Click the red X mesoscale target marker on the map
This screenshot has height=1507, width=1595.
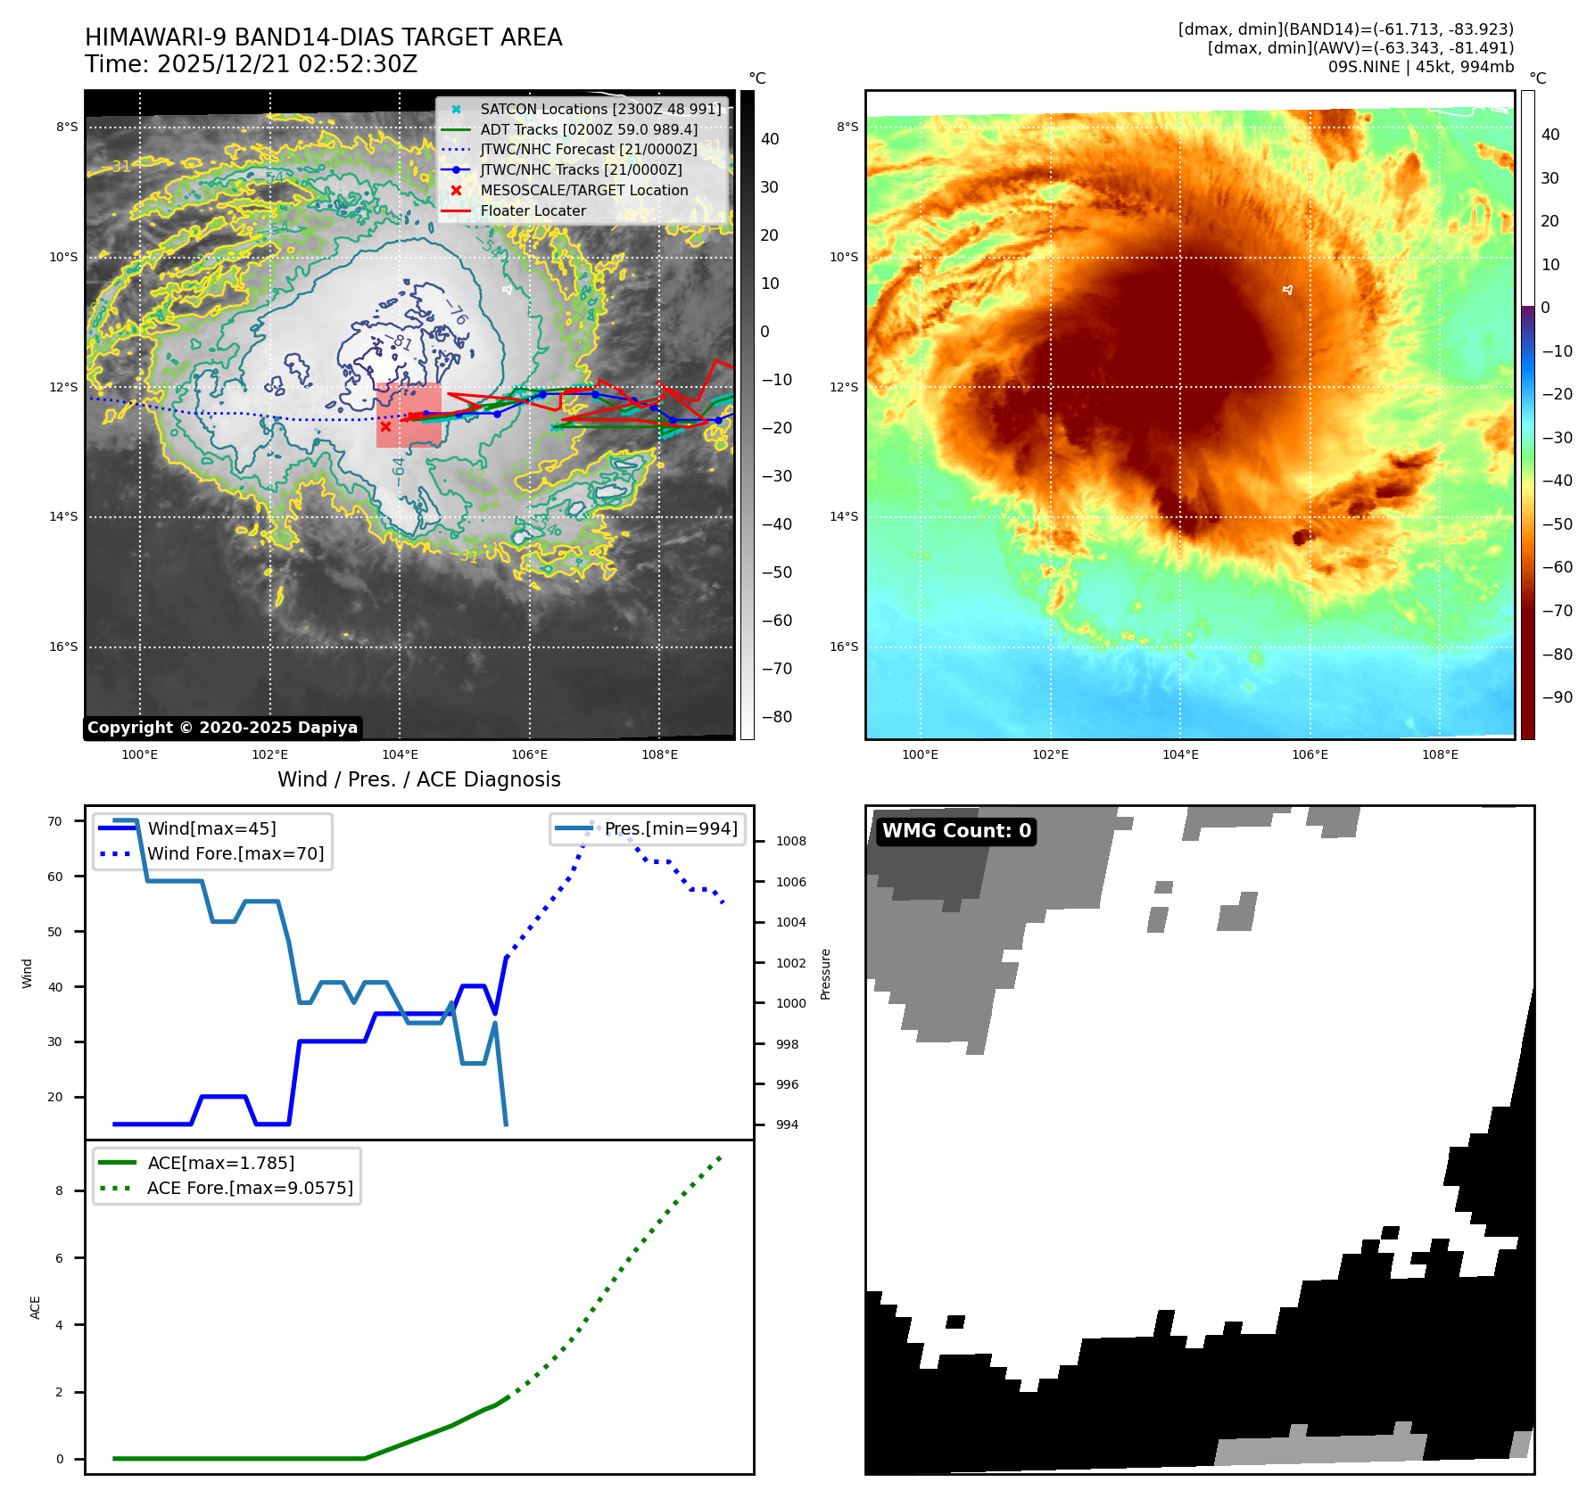[x=385, y=426]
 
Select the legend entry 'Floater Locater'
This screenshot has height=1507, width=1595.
[x=533, y=211]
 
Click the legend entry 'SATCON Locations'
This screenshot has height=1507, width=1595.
[x=600, y=109]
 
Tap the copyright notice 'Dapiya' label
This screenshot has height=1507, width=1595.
[x=222, y=728]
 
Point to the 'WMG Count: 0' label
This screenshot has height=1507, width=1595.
[x=956, y=831]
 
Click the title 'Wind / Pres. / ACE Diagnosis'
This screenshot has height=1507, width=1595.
[x=418, y=779]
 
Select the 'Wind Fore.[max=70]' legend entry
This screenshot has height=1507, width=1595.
[x=236, y=853]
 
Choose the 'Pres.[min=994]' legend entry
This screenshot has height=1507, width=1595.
[x=671, y=828]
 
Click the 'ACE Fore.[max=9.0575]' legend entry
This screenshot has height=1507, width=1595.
[x=250, y=1188]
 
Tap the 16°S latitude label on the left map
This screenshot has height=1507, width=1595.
[x=63, y=646]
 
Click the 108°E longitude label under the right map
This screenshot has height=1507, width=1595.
[x=1440, y=754]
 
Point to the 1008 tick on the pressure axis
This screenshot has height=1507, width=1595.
[x=790, y=841]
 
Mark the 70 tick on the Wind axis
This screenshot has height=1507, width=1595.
[x=55, y=821]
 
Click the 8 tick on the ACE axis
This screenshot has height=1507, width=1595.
[x=60, y=1190]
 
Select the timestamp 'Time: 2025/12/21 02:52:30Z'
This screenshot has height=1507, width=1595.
[x=251, y=64]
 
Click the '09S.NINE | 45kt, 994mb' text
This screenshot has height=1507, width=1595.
[x=1420, y=67]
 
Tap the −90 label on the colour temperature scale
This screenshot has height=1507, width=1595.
[x=1558, y=697]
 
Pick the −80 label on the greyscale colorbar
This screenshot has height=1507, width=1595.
[x=776, y=717]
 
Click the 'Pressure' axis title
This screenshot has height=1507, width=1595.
[x=826, y=974]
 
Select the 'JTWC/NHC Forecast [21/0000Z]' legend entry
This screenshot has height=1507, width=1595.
[x=589, y=149]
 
